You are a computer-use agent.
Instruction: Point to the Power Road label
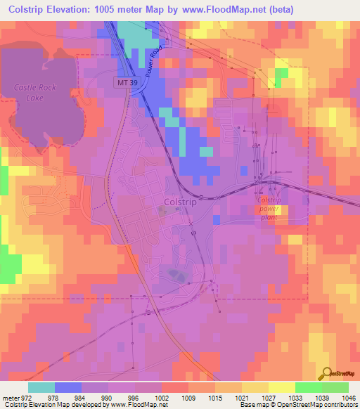point(153,61)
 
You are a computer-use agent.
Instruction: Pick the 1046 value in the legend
point(348,397)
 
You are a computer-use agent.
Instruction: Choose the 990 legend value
point(108,397)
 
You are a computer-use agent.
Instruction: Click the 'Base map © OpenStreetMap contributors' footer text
point(298,405)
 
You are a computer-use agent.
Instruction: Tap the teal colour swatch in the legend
point(41,387)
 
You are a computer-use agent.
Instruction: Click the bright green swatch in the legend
point(308,387)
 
